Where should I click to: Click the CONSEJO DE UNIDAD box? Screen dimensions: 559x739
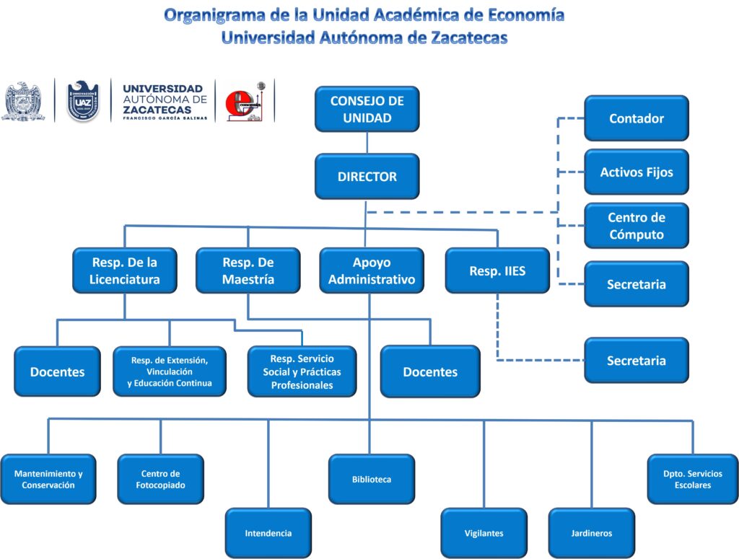[367, 109]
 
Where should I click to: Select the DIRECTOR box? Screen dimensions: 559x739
[367, 176]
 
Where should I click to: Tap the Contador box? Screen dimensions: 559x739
[636, 118]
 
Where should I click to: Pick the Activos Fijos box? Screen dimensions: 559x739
[636, 172]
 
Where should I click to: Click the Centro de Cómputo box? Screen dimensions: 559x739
[636, 226]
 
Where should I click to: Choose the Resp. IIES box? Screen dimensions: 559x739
[497, 270]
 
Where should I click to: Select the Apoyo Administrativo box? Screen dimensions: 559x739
[371, 270]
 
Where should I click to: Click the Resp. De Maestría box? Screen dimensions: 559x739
[248, 270]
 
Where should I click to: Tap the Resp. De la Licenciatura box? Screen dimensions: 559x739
[124, 270]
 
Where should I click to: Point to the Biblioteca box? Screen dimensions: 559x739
[371, 479]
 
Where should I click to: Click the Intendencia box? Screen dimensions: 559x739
[268, 533]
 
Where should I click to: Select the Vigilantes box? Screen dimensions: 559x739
[484, 533]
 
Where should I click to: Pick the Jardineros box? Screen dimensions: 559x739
[591, 533]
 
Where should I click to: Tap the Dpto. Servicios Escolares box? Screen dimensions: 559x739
[692, 479]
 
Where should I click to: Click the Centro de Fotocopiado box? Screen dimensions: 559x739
[160, 479]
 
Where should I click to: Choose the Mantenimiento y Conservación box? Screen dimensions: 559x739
[48, 479]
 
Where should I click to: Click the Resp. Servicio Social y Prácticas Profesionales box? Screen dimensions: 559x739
[302, 371]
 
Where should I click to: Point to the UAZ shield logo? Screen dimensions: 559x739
[83, 101]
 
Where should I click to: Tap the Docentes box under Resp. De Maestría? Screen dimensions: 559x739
[430, 371]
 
